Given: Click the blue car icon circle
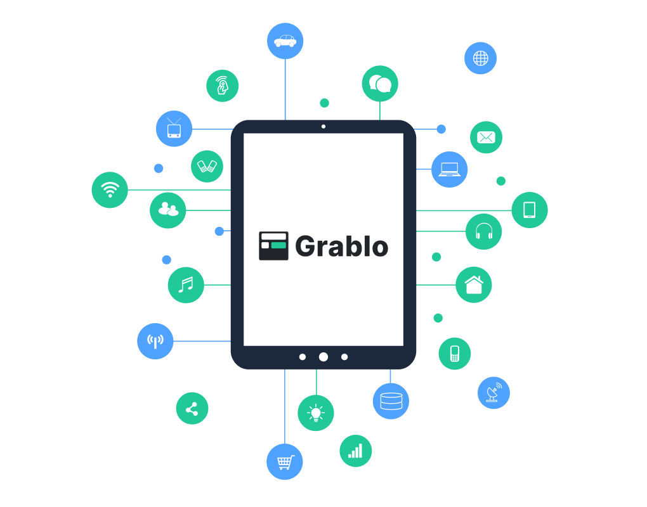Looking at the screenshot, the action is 285,41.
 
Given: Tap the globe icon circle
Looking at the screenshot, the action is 480,58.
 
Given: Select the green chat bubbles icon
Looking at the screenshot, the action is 380,84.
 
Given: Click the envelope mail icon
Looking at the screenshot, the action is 486,138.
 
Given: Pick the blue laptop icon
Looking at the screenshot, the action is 449,169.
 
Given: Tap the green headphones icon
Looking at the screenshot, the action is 483,231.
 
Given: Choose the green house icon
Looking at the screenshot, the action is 474,285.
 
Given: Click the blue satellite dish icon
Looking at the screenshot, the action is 493,393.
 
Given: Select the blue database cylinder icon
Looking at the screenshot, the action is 391,401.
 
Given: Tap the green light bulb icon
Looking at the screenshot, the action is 316,413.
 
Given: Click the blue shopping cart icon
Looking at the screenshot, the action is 285,461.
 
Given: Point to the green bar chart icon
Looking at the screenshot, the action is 356,451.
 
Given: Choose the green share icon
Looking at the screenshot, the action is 192,409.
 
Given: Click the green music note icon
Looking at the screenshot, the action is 186,285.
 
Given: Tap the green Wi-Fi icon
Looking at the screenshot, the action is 110,189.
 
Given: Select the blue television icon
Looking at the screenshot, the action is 174,129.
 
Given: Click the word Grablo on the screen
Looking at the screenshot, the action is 342,247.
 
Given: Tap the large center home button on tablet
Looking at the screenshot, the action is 323,357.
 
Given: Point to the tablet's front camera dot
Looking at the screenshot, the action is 323,127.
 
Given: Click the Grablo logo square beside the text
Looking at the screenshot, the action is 273,246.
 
